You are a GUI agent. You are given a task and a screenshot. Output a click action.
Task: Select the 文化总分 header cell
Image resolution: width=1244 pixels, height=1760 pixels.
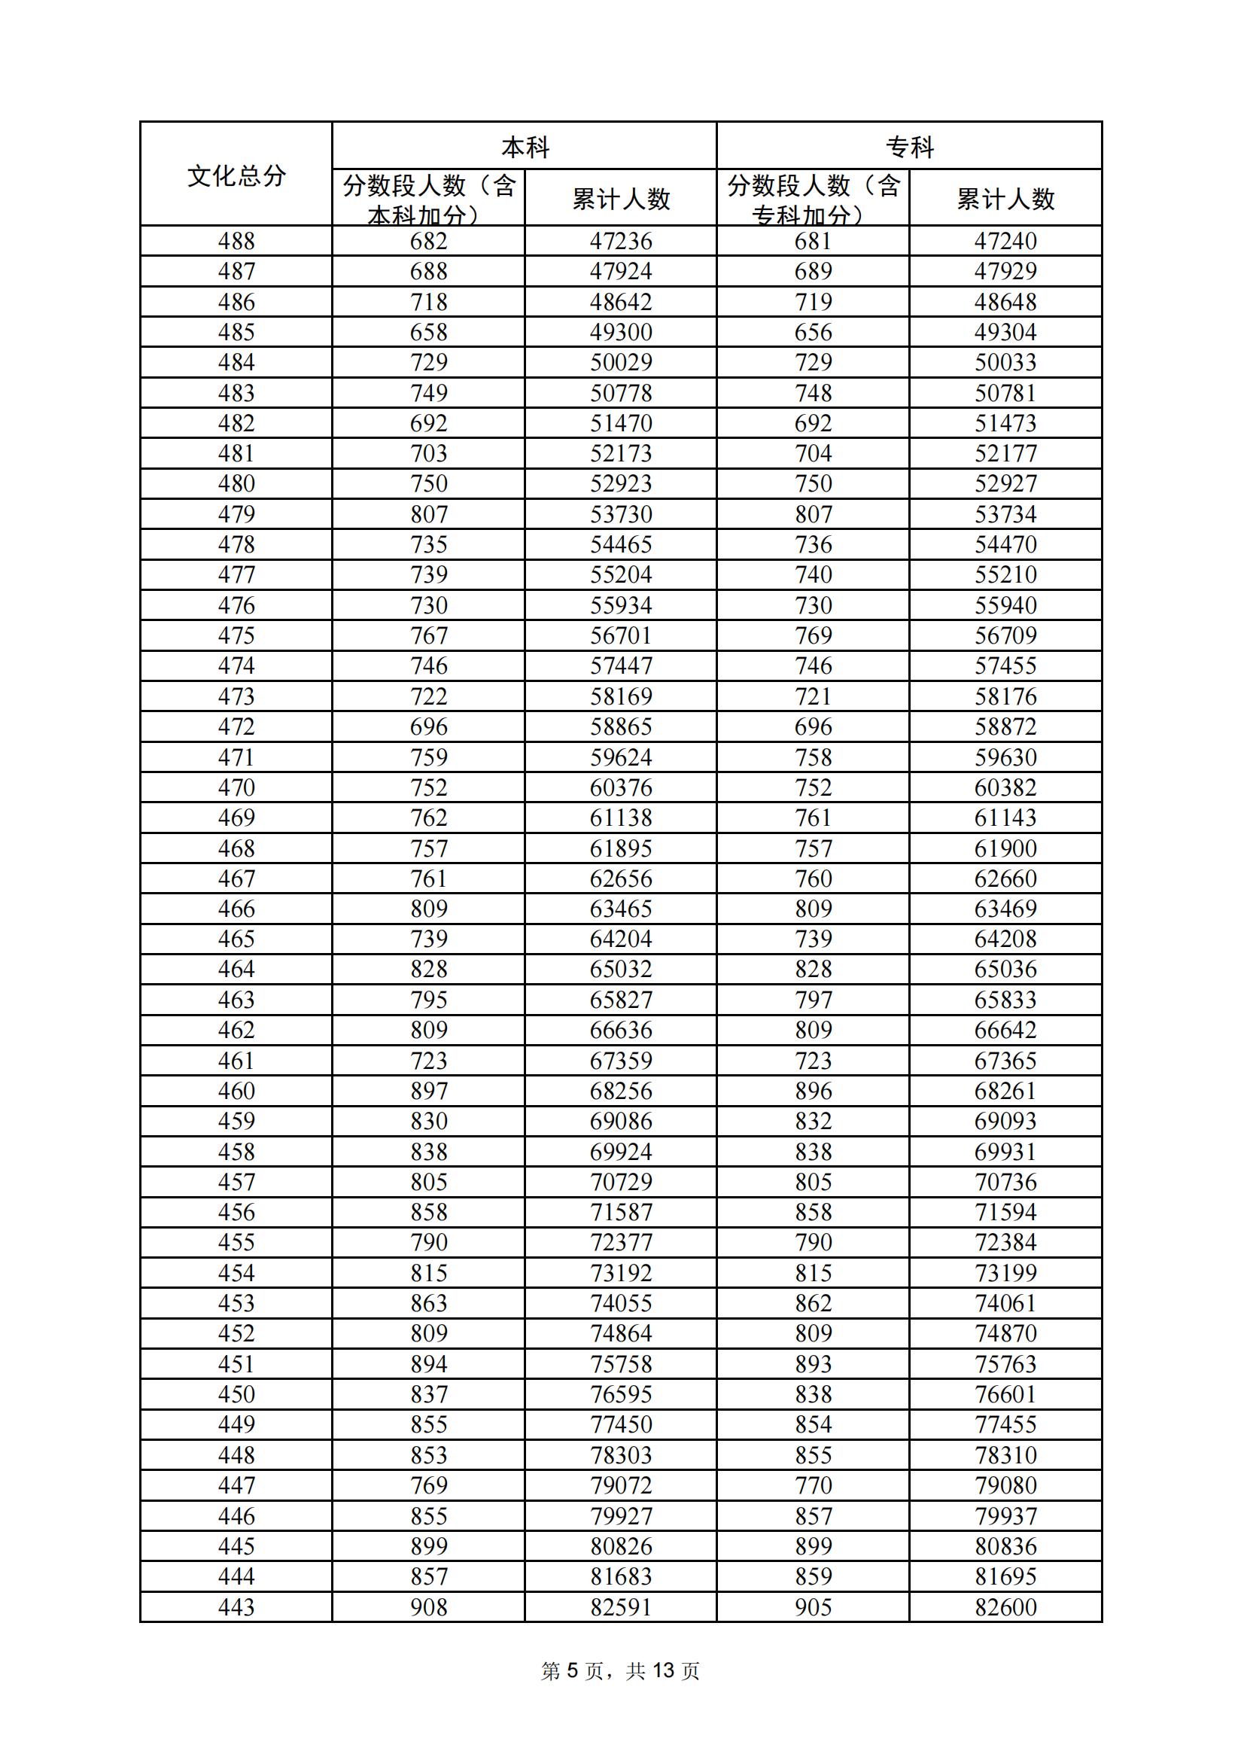[236, 175]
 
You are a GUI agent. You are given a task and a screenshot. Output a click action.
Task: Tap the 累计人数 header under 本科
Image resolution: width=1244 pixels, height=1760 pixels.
[621, 199]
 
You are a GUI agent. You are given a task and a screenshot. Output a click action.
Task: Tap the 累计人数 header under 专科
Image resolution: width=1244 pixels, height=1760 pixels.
[1005, 199]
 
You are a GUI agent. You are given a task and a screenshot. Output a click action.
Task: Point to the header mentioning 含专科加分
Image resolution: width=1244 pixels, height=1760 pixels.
[813, 199]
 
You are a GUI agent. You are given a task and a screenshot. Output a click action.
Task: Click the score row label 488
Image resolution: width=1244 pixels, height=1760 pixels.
[236, 242]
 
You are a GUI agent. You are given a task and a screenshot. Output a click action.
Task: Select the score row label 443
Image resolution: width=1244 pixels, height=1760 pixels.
[236, 1606]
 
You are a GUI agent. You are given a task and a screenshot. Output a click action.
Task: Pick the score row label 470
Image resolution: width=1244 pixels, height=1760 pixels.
[236, 787]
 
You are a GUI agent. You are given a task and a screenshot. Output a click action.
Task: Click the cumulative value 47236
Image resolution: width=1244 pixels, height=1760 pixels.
[621, 242]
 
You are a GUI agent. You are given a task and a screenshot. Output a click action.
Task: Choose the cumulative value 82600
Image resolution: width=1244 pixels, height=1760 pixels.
[1005, 1606]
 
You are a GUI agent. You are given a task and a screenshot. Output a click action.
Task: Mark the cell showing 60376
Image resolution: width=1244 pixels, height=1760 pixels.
[621, 787]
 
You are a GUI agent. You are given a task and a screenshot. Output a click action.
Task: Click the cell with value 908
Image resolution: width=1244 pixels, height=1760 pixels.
[428, 1606]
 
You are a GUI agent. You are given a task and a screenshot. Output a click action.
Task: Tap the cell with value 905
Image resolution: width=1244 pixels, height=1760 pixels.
[814, 1606]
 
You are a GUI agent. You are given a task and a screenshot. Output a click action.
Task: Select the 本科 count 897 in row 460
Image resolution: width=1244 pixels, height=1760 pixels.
[428, 1091]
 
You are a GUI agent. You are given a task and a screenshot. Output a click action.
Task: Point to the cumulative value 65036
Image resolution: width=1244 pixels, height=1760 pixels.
[1005, 969]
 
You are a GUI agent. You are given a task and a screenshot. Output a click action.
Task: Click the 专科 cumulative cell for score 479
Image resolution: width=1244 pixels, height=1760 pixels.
[1005, 514]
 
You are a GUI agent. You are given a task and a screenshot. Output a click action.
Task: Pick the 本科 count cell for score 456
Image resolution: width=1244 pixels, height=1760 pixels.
[428, 1212]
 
